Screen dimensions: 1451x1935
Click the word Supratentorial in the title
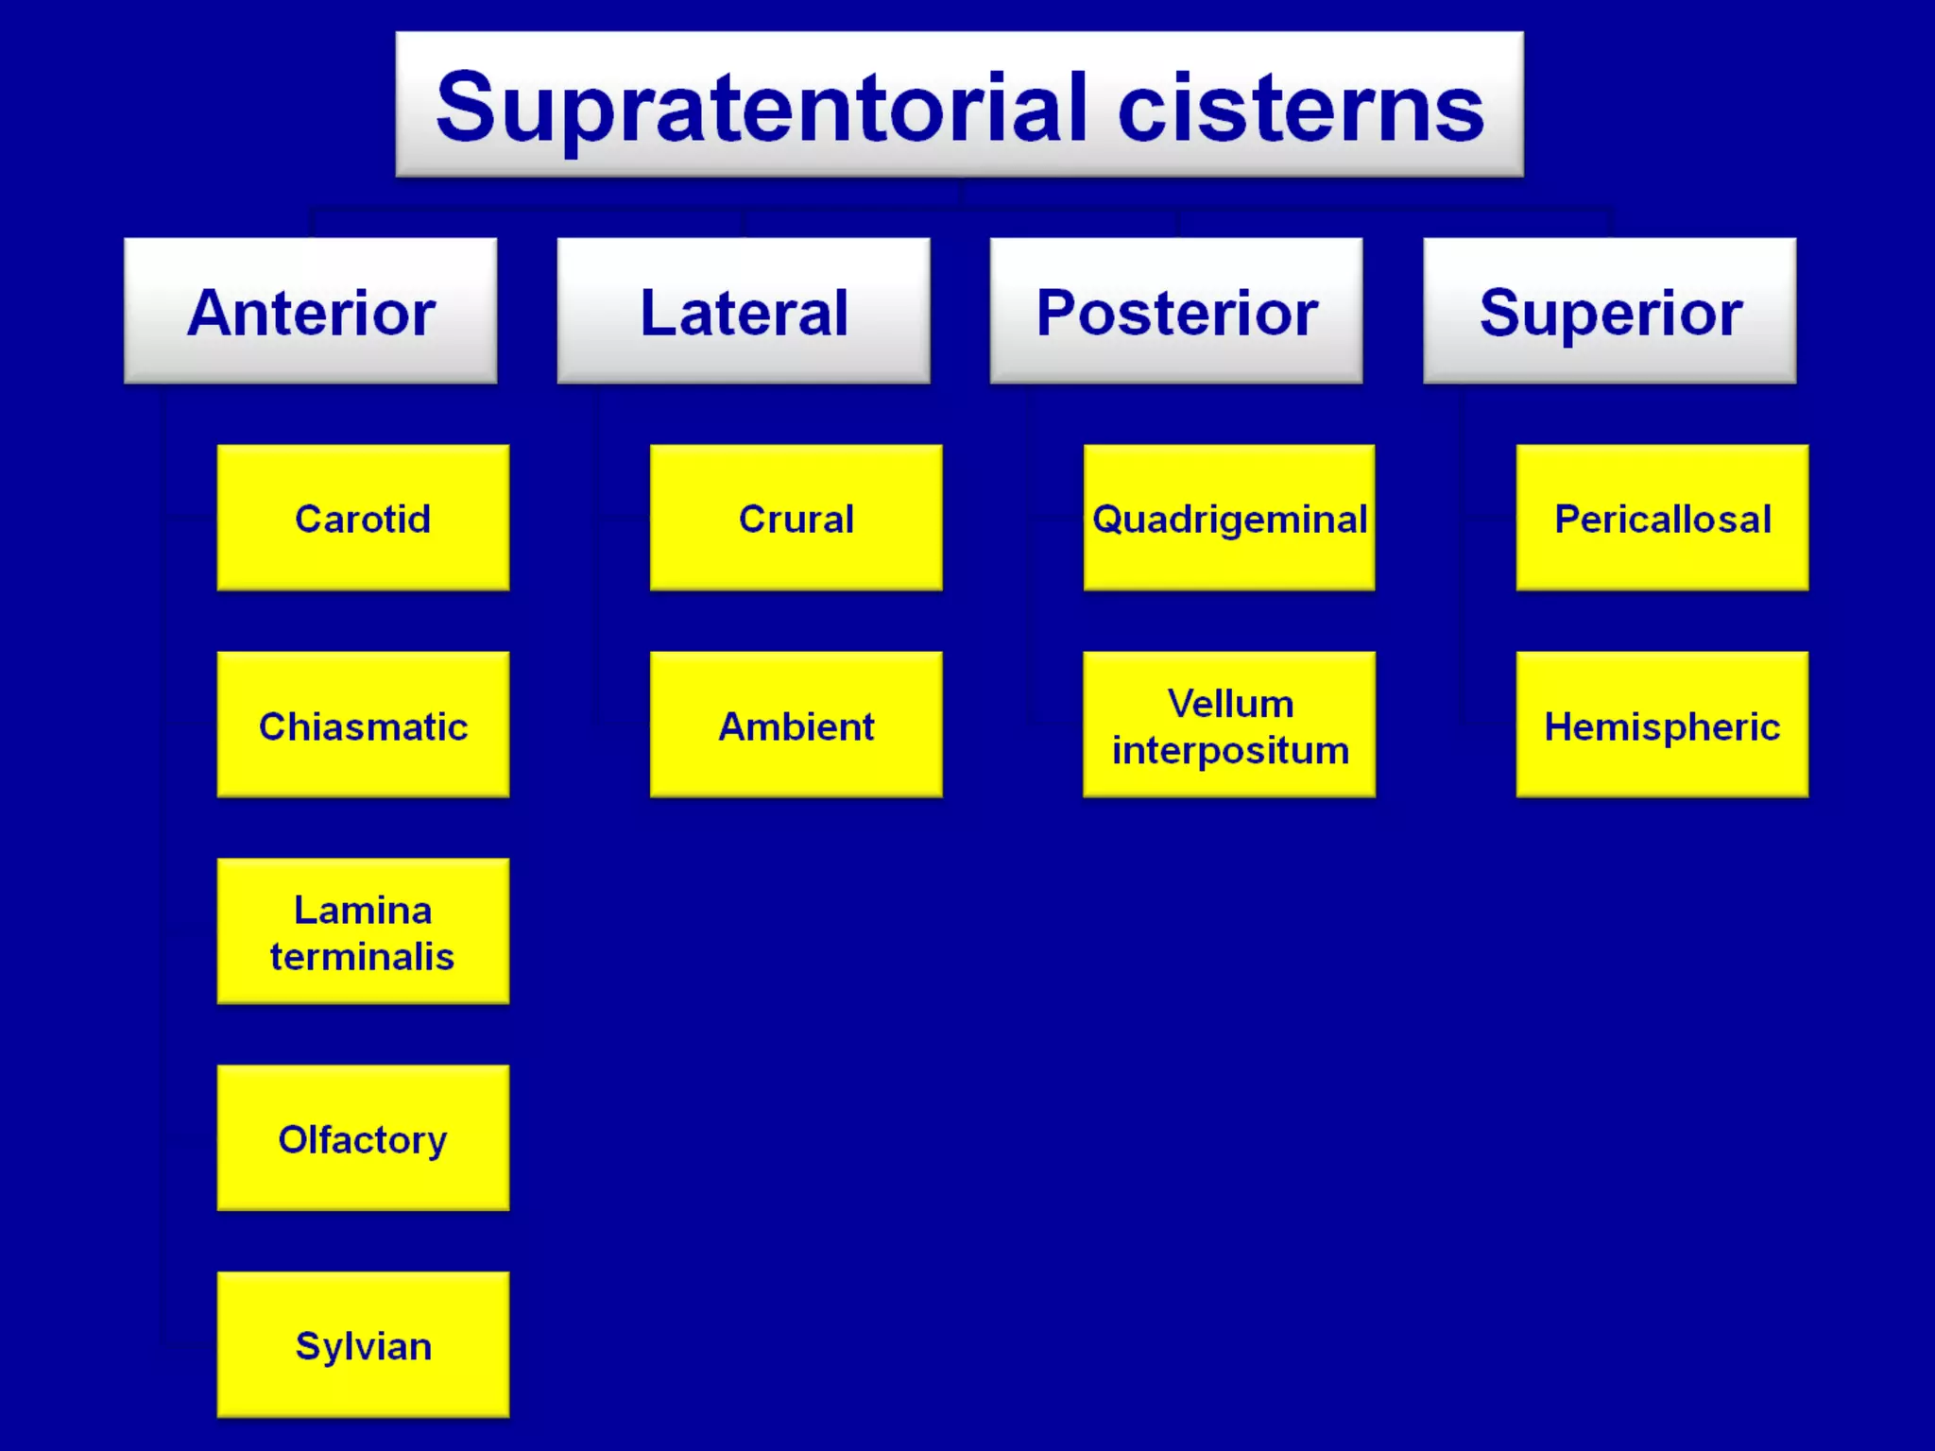pos(761,109)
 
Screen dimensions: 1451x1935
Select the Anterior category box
pos(310,311)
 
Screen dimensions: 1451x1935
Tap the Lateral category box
pos(744,311)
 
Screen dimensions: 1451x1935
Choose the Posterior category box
pos(1176,311)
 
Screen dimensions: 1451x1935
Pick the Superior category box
pos(1609,311)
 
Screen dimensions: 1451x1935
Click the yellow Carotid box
pos(363,518)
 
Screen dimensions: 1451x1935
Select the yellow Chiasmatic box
pos(363,725)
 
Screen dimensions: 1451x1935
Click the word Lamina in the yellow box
pos(363,910)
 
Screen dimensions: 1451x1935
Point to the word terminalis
pos(363,956)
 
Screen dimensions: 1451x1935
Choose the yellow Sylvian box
pos(363,1344)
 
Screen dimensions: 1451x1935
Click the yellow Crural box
pos(796,518)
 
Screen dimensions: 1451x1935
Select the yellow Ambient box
pos(796,725)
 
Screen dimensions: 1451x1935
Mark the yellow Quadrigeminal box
pos(1229,518)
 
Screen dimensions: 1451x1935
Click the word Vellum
pos(1230,703)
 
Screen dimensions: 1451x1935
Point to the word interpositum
pos(1230,750)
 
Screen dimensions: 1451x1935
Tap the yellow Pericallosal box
pos(1662,518)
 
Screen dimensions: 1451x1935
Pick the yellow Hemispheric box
pos(1662,725)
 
